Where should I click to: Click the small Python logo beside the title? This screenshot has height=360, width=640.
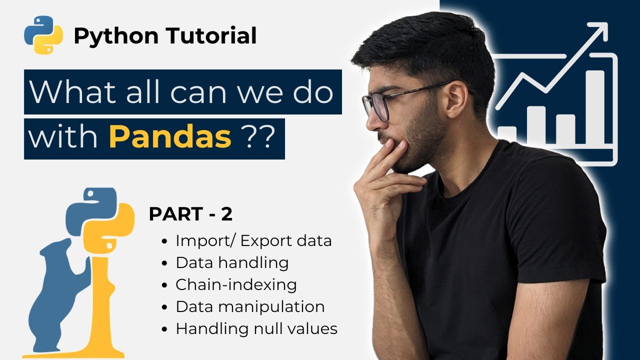coord(43,34)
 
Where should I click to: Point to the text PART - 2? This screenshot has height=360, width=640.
coord(190,214)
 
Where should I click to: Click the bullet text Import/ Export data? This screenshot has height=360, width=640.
coord(253,241)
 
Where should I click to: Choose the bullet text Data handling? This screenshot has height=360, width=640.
coord(232,263)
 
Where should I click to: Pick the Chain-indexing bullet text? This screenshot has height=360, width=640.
coord(236,285)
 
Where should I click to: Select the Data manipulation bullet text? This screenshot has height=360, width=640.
coord(250,306)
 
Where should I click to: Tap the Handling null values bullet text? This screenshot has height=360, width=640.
coord(256,329)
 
